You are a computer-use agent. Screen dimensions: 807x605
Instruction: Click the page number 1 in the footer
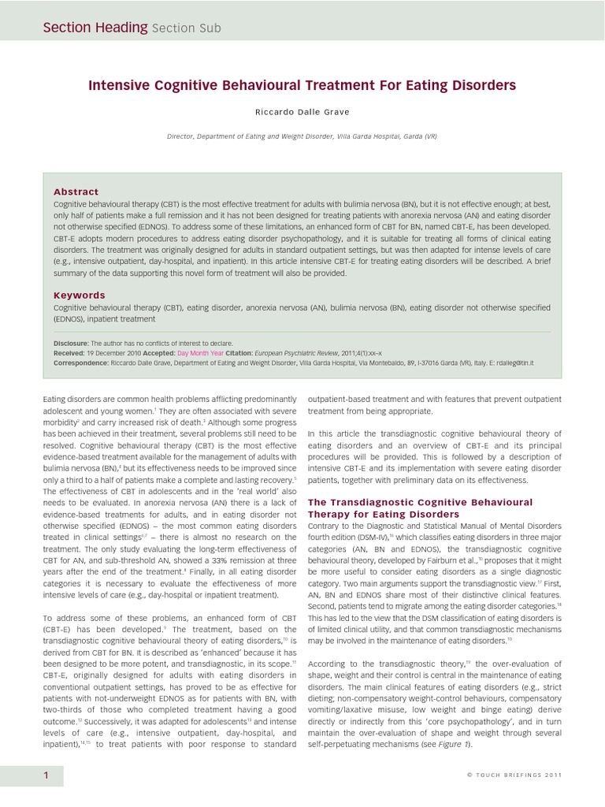pos(46,776)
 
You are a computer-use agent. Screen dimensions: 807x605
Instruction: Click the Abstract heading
pos(76,192)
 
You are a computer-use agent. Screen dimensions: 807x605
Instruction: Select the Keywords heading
pos(79,295)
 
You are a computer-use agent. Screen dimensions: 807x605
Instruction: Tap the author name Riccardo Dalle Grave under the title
pos(302,112)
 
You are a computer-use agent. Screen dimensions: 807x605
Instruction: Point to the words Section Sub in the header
pos(187,28)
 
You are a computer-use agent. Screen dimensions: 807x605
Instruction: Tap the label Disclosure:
pos(71,344)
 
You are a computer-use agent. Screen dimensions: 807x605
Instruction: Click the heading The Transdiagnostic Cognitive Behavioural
pos(420,502)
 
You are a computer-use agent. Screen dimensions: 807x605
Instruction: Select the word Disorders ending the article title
pos(482,84)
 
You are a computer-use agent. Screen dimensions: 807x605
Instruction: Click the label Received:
pos(69,353)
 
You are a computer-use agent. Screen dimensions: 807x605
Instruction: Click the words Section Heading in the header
pos(95,28)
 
